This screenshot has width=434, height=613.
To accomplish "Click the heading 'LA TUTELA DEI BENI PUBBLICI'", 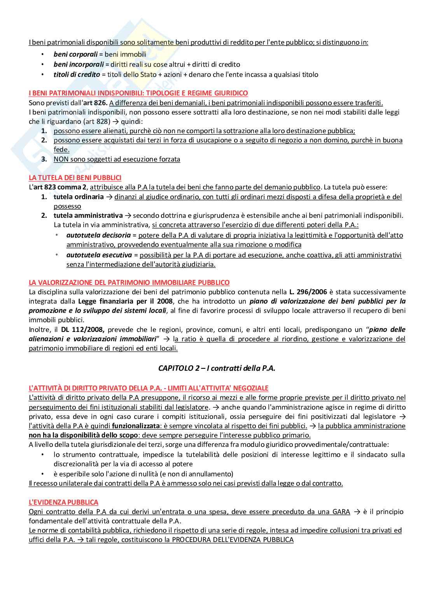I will pos(75,178).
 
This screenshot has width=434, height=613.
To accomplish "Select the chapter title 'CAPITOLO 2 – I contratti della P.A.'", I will pos(217,368).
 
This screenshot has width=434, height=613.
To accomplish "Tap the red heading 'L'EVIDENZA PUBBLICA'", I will pos(63,502).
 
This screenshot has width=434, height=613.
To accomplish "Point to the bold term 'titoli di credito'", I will pos(77,75).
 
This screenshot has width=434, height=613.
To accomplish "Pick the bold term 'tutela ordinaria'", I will pos(79,197).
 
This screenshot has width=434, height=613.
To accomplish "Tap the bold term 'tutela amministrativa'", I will pos(88,215).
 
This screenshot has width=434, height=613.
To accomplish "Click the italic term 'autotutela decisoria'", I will pos(98,235).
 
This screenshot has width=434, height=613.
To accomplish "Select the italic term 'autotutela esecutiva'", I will pos(99,255).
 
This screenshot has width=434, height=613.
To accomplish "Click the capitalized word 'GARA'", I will pos(341,512).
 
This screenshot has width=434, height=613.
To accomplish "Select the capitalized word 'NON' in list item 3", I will pos(60,159).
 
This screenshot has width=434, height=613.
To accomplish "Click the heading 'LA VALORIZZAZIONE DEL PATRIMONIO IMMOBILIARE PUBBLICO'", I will pos(129,283).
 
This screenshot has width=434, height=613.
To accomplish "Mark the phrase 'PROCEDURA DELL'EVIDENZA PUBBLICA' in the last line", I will pos(233,540).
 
